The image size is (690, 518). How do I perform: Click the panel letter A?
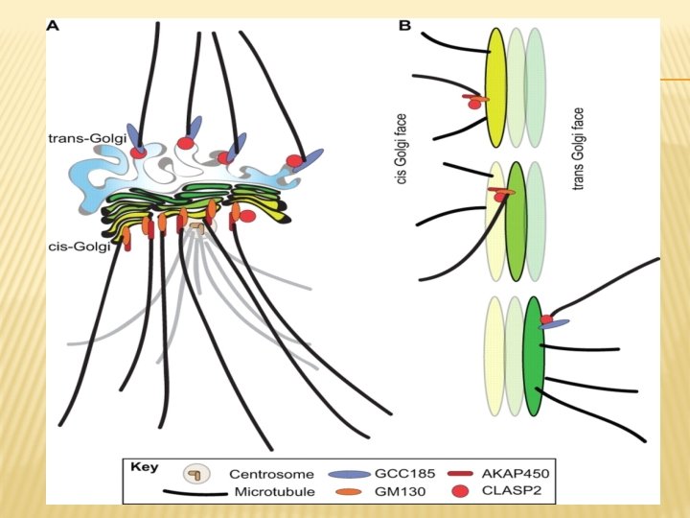tap(54, 27)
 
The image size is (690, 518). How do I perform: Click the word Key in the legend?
tap(142, 467)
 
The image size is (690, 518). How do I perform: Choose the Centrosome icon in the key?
tap(195, 474)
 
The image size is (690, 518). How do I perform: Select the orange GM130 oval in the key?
tap(347, 492)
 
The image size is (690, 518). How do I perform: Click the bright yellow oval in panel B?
tap(496, 87)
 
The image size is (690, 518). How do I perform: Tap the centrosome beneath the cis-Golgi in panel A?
tap(197, 228)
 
